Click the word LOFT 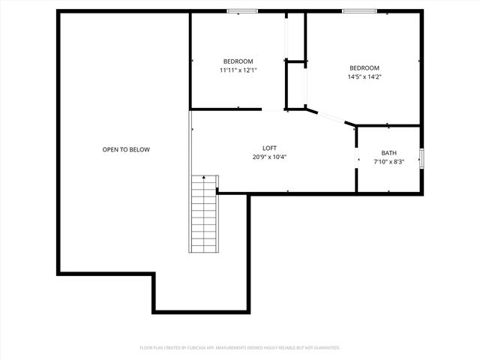pyautogui.click(x=269, y=148)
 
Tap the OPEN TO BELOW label pyautogui.click(x=126, y=149)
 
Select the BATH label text pyautogui.click(x=388, y=153)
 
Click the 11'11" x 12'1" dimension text pyautogui.click(x=238, y=70)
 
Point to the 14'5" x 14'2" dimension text pyautogui.click(x=364, y=76)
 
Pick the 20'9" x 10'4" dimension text pyautogui.click(x=270, y=157)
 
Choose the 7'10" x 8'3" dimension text pyautogui.click(x=388, y=162)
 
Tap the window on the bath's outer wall pyautogui.click(x=422, y=159)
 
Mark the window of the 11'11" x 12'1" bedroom pyautogui.click(x=242, y=11)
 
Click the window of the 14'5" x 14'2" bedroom pyautogui.click(x=359, y=11)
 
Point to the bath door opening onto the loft pyautogui.click(x=356, y=154)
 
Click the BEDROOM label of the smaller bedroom pyautogui.click(x=238, y=61)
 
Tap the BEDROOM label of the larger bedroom pyautogui.click(x=364, y=67)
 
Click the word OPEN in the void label pyautogui.click(x=111, y=149)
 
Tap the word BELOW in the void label pyautogui.click(x=139, y=149)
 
